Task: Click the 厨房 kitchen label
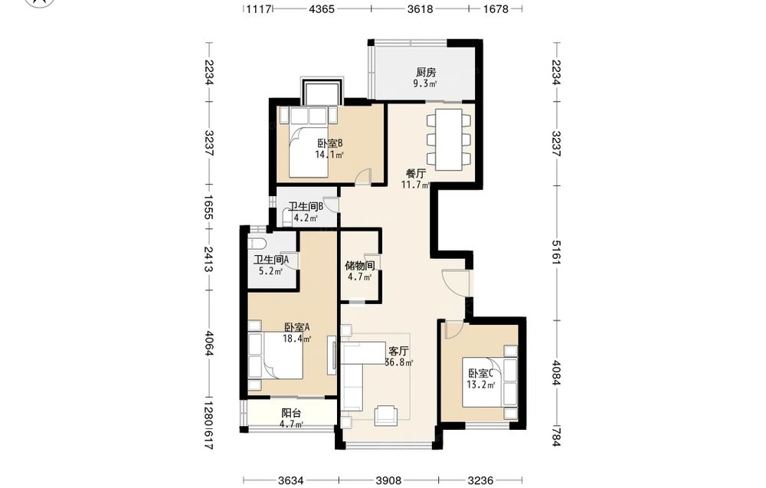coord(426,72)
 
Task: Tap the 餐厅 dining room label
coord(416,173)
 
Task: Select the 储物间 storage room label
coord(360,266)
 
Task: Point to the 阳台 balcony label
coord(291,413)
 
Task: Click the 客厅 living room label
coord(398,351)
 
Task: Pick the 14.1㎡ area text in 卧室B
coord(329,155)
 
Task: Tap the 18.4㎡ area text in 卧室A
coord(297,338)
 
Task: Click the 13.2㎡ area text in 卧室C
coord(481,385)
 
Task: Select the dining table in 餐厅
coord(449,139)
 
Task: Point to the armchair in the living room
coord(386,414)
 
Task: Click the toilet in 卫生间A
coord(257,244)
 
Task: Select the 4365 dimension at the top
coord(322,8)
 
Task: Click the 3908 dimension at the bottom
coord(388,480)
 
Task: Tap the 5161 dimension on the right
coord(556,252)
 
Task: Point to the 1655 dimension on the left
coord(208,208)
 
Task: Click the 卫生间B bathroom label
coord(306,207)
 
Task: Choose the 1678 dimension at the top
coord(496,8)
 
